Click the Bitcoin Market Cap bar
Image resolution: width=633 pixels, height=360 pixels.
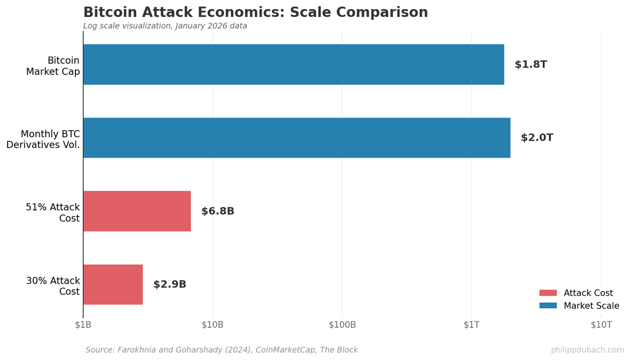(x=293, y=64)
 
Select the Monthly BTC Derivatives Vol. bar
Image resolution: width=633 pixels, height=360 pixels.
(x=296, y=138)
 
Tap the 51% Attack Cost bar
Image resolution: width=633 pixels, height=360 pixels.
(x=137, y=211)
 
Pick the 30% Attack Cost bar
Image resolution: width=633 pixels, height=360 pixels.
(x=113, y=284)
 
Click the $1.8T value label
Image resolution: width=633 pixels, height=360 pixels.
(x=531, y=64)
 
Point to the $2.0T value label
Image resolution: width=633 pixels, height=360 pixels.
(x=537, y=138)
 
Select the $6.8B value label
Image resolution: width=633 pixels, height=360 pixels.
(x=218, y=211)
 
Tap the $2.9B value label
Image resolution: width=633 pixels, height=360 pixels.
(x=170, y=284)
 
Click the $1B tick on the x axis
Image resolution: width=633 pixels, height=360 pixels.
(x=83, y=325)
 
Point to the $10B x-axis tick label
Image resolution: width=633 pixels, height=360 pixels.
(x=213, y=325)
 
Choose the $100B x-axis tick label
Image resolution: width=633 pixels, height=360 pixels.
(x=342, y=325)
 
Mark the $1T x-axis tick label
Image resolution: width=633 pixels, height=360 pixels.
(x=472, y=325)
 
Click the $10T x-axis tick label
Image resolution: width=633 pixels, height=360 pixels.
(x=601, y=325)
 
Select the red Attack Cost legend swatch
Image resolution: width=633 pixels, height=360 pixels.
(x=548, y=293)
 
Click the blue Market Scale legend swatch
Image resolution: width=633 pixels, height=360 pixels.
(x=548, y=306)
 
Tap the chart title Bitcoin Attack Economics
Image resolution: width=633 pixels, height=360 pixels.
(x=255, y=13)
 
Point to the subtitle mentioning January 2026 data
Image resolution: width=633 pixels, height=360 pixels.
(x=165, y=26)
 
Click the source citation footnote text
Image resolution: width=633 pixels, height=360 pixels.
(x=222, y=350)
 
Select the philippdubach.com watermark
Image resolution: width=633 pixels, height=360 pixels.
(x=587, y=350)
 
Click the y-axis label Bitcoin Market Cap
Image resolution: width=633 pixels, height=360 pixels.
(x=53, y=66)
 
